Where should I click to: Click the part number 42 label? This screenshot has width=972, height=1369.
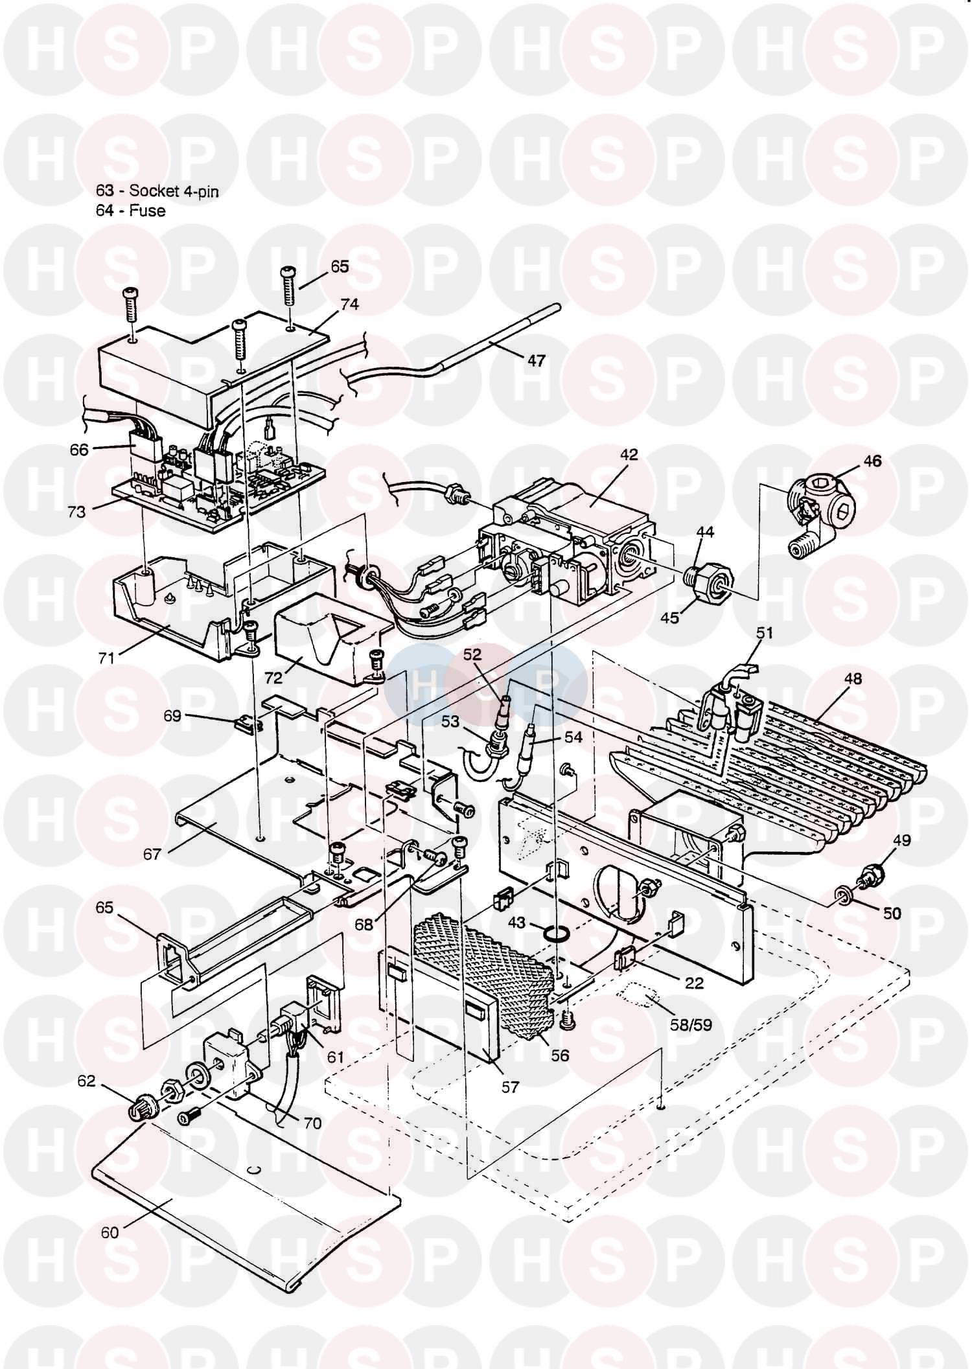tap(628, 455)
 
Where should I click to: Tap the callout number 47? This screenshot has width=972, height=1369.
tap(536, 360)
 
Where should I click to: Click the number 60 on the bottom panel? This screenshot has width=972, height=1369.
tap(110, 1232)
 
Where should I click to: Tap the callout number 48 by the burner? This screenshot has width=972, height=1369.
tap(853, 679)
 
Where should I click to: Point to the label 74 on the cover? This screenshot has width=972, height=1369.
tap(349, 305)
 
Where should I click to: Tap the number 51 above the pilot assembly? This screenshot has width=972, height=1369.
tap(765, 632)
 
